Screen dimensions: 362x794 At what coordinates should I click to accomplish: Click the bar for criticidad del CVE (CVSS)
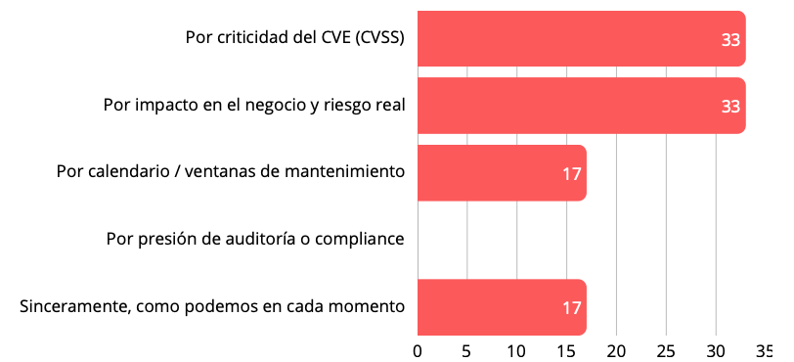581,38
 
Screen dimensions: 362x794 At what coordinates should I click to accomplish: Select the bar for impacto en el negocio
581,105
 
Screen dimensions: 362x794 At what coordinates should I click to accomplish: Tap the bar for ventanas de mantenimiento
501,172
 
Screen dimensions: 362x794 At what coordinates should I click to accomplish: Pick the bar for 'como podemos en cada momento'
501,306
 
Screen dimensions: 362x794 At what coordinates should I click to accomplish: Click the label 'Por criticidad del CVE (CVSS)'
295,38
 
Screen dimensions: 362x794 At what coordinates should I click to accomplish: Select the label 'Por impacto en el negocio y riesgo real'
254,105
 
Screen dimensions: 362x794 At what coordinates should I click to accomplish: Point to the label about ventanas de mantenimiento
231,172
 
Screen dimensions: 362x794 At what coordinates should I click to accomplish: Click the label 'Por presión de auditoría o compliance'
255,239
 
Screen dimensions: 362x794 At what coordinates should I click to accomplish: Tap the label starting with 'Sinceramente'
212,306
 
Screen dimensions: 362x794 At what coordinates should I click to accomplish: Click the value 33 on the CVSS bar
729,40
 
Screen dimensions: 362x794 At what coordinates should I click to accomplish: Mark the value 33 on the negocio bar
729,107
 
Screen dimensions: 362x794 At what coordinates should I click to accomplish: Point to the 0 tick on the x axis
418,350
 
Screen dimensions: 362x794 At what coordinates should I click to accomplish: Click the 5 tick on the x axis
467,350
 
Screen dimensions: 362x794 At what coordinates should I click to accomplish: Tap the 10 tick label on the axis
517,350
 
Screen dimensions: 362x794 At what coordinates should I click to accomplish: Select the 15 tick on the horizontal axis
567,350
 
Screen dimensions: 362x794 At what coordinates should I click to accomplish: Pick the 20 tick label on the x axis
617,350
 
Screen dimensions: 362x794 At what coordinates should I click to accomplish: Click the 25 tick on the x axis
666,350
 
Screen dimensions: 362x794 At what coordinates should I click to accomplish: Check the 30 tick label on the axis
716,350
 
